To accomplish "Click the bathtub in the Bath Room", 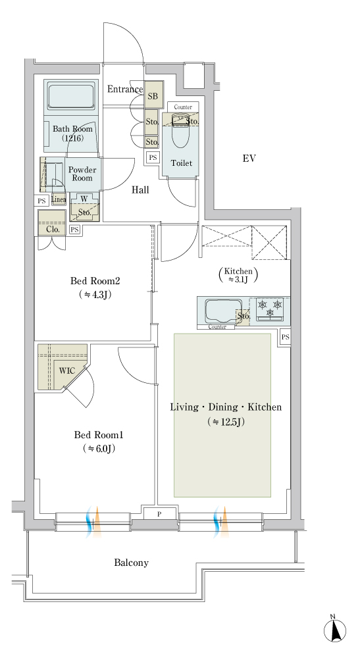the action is (x=71, y=97).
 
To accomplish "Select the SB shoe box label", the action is (x=152, y=96).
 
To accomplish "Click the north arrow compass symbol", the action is (x=335, y=628).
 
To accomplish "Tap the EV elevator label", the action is (x=249, y=158).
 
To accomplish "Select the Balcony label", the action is (x=132, y=563).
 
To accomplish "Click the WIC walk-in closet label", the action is (x=66, y=370).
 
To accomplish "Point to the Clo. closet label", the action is (x=53, y=230).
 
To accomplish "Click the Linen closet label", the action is (x=59, y=200).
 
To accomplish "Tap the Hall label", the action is (x=141, y=190).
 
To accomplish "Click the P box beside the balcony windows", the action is (x=159, y=514).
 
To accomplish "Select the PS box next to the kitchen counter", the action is (x=286, y=337).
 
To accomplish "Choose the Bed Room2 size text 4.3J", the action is (x=95, y=295).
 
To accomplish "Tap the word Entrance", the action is (x=125, y=89).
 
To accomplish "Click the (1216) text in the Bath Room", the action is (x=72, y=138).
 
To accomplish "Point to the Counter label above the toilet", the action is (x=183, y=107).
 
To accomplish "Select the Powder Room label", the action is (x=82, y=174).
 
